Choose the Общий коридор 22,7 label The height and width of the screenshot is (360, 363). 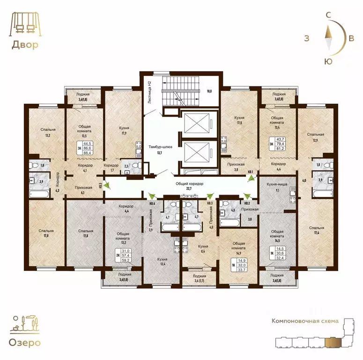pos(189,187)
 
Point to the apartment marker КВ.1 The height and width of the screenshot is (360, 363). pos(251,171)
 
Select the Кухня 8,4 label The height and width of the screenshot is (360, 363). pos(203,249)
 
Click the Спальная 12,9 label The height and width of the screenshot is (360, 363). pos(315,137)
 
